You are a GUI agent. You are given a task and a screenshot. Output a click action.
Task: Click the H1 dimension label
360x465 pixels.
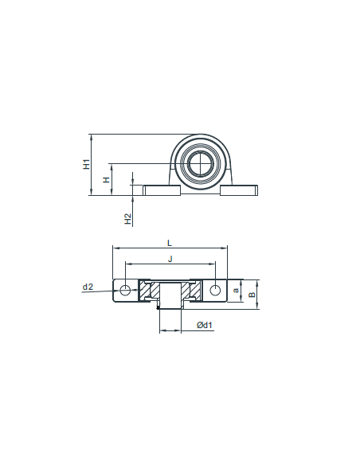86,164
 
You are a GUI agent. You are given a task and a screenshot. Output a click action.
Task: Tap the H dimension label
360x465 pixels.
106,180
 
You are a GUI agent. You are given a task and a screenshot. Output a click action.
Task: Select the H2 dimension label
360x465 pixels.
127,219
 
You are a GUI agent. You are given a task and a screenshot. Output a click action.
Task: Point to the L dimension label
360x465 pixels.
170,243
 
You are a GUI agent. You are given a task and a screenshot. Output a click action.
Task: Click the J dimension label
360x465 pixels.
170,259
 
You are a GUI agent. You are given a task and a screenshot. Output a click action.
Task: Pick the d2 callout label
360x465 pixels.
88,287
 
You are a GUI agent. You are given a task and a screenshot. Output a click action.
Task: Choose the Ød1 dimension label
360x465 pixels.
205,325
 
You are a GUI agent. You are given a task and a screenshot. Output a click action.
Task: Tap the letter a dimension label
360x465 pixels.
236,291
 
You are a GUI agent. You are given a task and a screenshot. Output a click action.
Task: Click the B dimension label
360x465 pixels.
252,295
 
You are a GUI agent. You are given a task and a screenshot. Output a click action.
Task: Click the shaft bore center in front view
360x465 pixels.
200,163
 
